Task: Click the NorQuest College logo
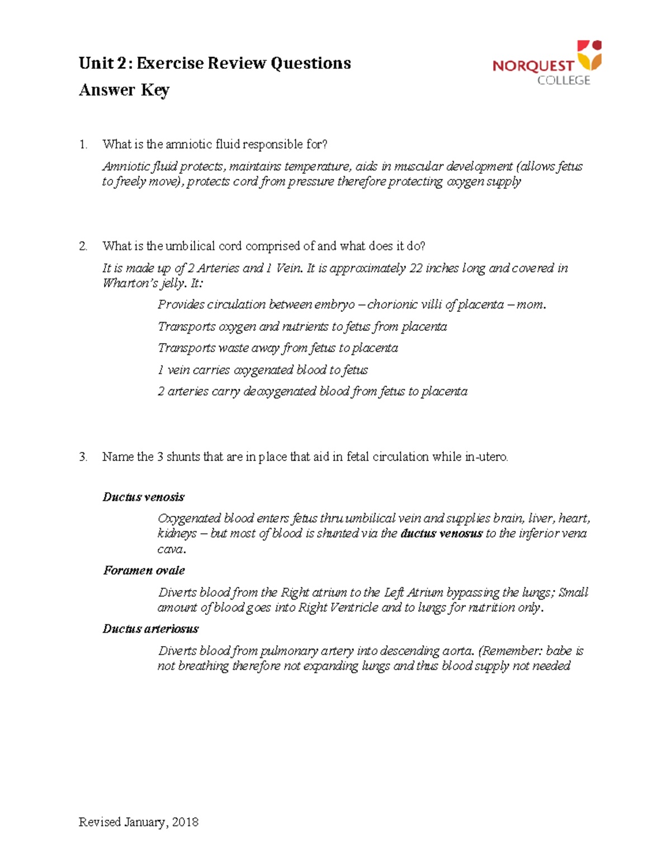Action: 546,63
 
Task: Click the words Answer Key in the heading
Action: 124,90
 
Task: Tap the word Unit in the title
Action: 96,63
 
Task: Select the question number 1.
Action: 83,145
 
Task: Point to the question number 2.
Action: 83,246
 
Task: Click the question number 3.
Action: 83,457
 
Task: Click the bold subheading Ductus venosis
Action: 143,497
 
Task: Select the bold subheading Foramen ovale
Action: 144,571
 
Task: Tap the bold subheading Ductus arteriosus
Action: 150,629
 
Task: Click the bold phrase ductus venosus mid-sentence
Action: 441,534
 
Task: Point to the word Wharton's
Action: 129,283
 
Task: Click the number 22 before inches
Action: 415,268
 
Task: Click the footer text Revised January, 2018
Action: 139,822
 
